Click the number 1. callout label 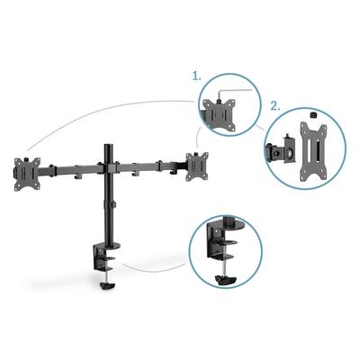click(197, 76)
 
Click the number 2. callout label click(275, 106)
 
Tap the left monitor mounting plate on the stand click(27, 174)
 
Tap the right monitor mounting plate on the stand click(197, 166)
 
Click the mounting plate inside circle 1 click(220, 115)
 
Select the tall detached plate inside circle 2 click(313, 153)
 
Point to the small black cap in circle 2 click(312, 115)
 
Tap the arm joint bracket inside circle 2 click(281, 150)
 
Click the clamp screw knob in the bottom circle click(226, 281)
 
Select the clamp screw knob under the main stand click(108, 284)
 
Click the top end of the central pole click(108, 146)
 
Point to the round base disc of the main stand click(110, 246)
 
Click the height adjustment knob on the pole click(113, 205)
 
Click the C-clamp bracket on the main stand click(103, 257)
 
